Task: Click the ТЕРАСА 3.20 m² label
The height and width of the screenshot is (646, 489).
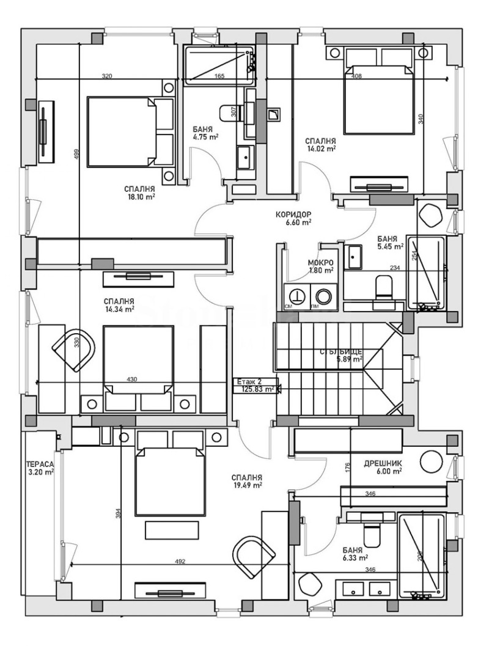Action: point(40,467)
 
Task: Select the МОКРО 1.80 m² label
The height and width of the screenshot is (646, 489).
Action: point(320,266)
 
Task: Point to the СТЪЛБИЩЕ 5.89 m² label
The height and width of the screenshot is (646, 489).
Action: point(341,356)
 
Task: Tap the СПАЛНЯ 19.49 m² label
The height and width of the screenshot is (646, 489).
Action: point(247,482)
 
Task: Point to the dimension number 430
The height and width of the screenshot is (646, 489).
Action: point(131,380)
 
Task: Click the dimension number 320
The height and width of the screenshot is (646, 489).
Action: point(107,76)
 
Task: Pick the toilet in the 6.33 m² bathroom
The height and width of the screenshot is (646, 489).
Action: point(371,535)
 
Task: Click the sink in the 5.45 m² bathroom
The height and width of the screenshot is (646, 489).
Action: point(354,257)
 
